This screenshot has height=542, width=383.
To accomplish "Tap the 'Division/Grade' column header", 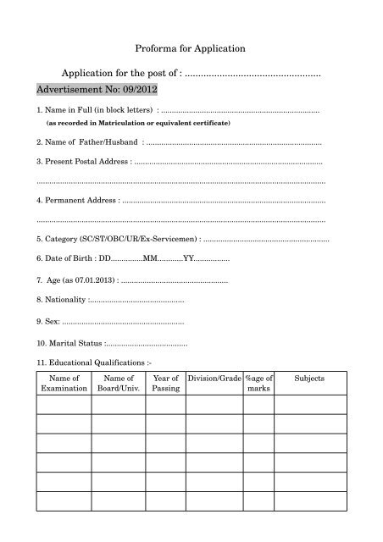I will [x=214, y=378].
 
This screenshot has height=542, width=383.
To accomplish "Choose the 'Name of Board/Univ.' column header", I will [x=114, y=384].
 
